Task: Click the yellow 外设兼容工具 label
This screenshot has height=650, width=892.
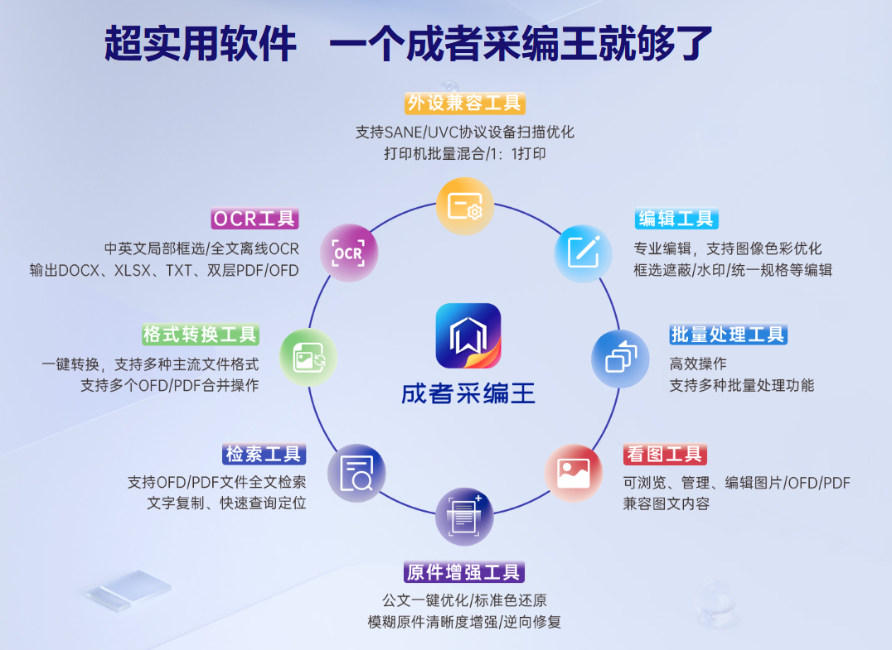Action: click(465, 103)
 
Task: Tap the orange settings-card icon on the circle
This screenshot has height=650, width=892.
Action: click(465, 206)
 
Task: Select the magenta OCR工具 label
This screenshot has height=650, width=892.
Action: click(255, 219)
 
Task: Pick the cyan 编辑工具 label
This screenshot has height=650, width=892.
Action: click(676, 219)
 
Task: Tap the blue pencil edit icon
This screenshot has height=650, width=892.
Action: click(583, 252)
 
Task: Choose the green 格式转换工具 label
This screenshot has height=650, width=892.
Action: click(201, 335)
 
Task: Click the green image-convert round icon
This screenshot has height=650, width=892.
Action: click(309, 357)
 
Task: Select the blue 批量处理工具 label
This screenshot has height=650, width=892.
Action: click(728, 335)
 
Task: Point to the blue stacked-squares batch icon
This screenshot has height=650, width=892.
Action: click(620, 359)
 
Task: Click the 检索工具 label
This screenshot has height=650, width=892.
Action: click(264, 454)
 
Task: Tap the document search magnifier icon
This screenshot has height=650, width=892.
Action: click(356, 473)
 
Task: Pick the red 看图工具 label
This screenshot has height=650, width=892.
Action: click(665, 454)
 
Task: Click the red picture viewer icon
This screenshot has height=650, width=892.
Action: click(574, 473)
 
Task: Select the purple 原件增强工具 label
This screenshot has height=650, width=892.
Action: click(465, 571)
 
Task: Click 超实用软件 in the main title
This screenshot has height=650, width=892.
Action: click(200, 43)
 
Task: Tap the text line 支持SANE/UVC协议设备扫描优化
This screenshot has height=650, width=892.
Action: click(465, 132)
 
